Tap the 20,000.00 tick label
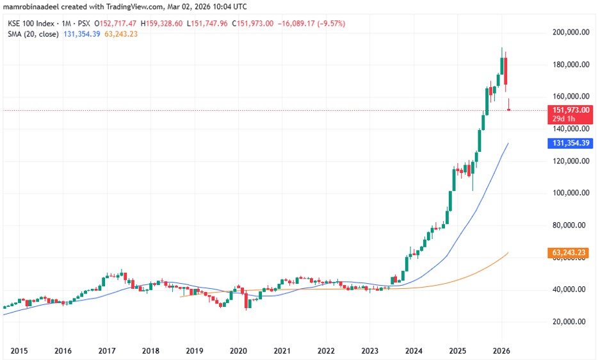tap(571, 322)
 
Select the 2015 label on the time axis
tap(19, 350)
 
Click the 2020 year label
tap(238, 350)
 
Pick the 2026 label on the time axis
tap(500, 350)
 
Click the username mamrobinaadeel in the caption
tap(32, 8)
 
